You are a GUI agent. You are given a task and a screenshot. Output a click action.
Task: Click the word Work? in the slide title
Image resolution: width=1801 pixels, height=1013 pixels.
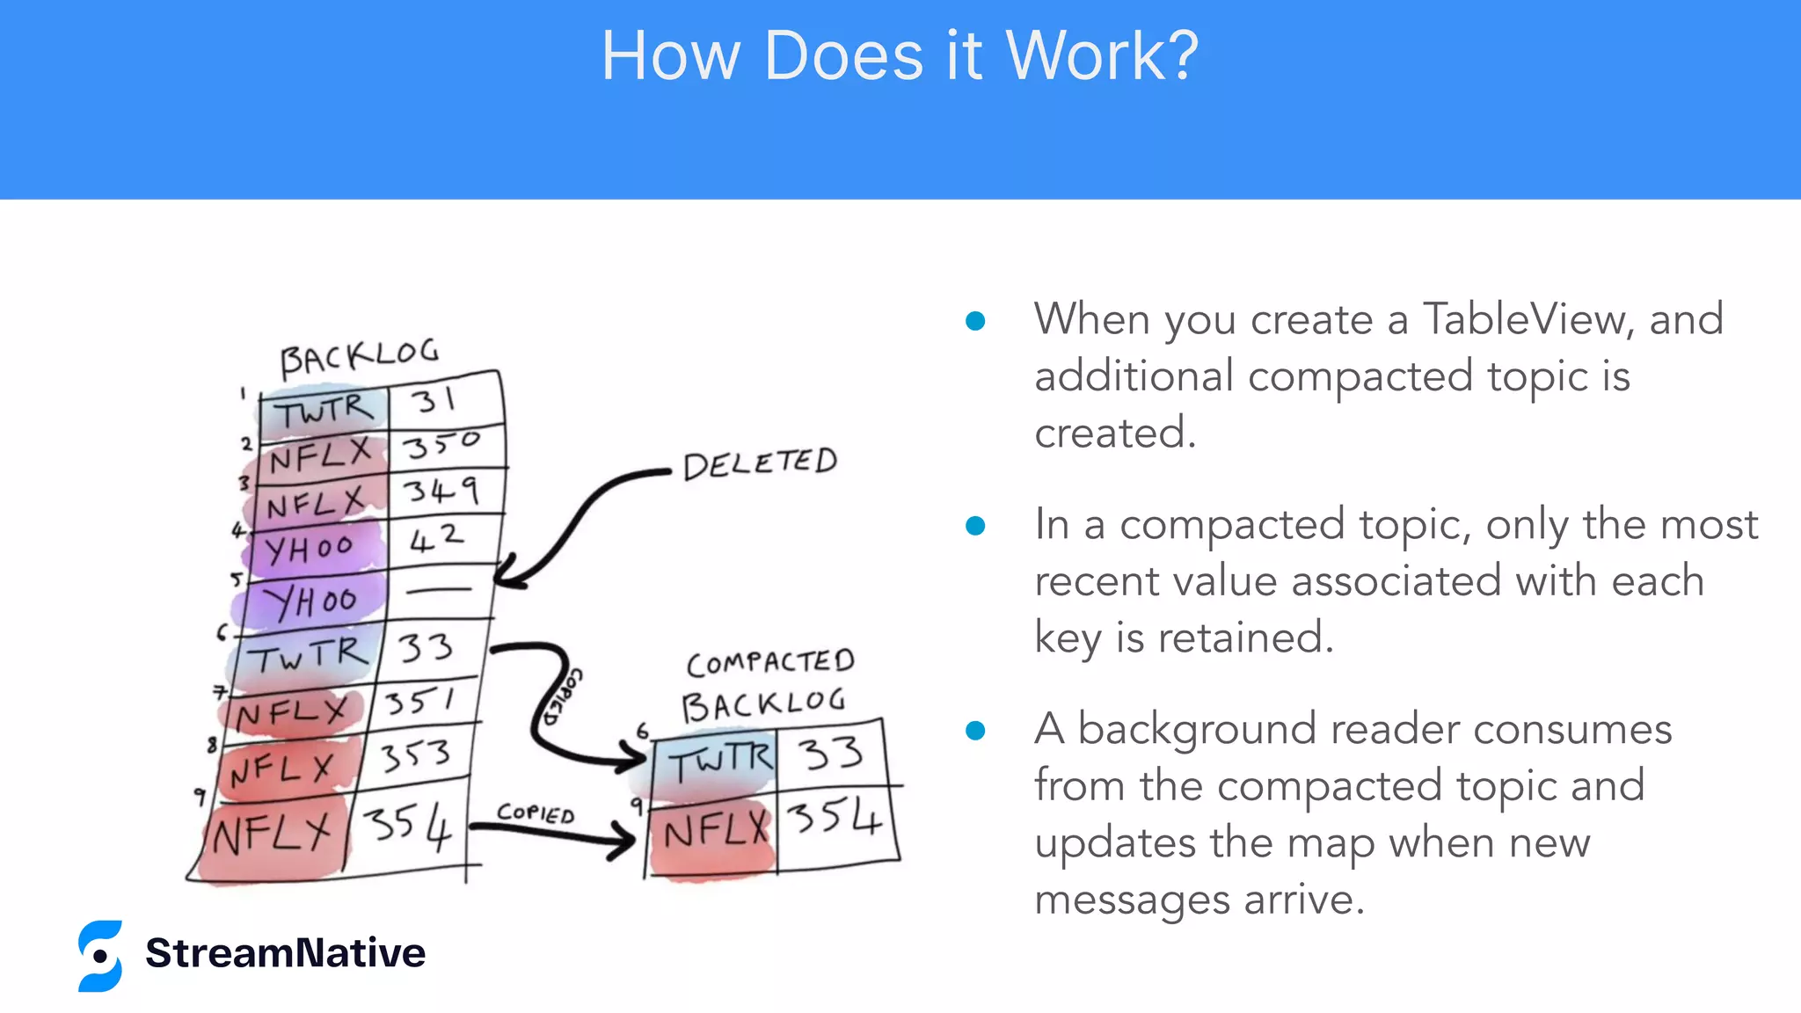coord(1101,56)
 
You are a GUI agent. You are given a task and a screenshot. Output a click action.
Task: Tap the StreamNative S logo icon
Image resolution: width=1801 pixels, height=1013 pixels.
coord(99,956)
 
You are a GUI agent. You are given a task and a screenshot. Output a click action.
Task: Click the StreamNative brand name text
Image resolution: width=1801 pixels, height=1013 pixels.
coord(285,953)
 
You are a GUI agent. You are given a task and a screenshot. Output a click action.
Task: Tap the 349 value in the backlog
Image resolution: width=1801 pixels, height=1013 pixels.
coord(441,491)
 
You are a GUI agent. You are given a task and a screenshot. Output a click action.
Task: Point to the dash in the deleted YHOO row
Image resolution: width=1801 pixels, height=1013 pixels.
coord(438,591)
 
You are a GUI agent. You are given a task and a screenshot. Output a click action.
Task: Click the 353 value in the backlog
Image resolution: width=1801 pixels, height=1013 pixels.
coord(415,755)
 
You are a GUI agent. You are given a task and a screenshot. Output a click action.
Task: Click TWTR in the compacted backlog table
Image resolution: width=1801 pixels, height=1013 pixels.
coord(719,761)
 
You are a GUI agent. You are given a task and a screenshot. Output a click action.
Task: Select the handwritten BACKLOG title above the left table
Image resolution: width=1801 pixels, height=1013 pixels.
coord(359,356)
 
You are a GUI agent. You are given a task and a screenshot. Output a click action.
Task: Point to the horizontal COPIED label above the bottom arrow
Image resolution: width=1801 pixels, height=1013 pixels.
coord(535,813)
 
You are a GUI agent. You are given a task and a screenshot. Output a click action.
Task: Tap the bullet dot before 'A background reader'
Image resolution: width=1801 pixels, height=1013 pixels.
coord(974,731)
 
